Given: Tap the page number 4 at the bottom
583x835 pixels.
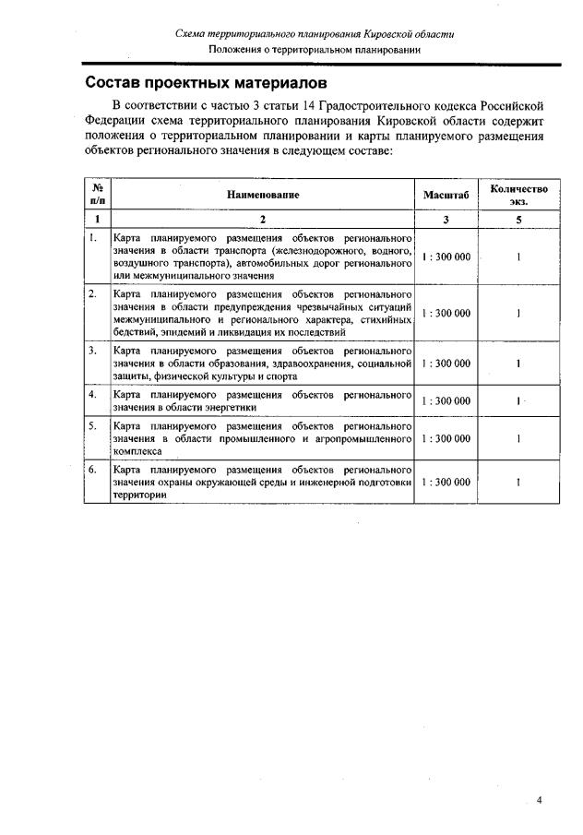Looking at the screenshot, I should pyautogui.click(x=540, y=799).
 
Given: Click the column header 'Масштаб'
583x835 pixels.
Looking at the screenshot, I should pyautogui.click(x=446, y=195).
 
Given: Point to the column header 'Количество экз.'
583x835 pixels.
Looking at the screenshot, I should pyautogui.click(x=519, y=195).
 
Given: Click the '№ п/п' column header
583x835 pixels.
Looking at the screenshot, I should pyautogui.click(x=97, y=195).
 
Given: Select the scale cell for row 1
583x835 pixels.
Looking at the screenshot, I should pyautogui.click(x=446, y=257).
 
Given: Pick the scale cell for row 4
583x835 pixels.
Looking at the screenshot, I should pyautogui.click(x=446, y=400).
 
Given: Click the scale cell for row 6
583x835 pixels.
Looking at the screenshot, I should pyautogui.click(x=446, y=483).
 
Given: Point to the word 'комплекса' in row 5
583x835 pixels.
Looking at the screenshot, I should pyautogui.click(x=137, y=452).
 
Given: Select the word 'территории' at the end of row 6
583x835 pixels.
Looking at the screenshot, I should pyautogui.click(x=140, y=495).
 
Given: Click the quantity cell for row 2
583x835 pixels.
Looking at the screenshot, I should pyautogui.click(x=518, y=313).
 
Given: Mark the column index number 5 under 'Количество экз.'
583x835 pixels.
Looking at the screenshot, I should pyautogui.click(x=518, y=220).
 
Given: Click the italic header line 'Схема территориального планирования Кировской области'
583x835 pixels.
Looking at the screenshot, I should pyautogui.click(x=315, y=34).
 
